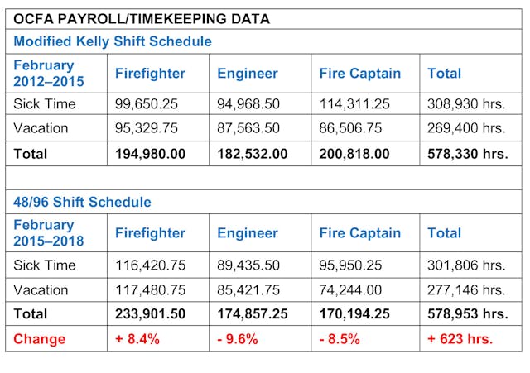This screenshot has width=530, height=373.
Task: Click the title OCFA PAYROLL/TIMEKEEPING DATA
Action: [x=141, y=18]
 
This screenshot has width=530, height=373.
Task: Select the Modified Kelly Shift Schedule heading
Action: [x=113, y=41]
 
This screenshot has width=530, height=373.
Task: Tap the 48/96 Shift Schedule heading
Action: [x=82, y=202]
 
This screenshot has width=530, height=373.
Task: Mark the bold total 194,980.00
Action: [x=150, y=154]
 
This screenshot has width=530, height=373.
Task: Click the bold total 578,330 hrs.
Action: [x=467, y=154]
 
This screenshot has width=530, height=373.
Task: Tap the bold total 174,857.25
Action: [x=253, y=314]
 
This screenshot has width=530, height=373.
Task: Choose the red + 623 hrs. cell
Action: [x=460, y=339]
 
